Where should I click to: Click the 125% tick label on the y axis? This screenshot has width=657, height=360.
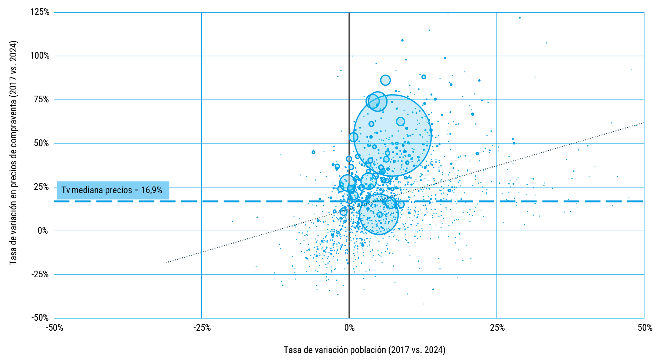pos(40,12)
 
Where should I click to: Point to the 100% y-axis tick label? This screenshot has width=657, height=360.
pos(40,56)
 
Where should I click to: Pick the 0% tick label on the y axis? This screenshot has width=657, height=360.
pos(43,231)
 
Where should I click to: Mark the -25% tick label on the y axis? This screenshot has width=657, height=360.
pos(40,274)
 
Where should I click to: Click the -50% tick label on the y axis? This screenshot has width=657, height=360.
pos(40,318)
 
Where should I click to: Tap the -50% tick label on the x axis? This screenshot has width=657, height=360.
pos(55,328)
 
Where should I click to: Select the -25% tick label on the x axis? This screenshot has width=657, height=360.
pos(202,328)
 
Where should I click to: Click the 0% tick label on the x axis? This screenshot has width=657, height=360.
pos(349,328)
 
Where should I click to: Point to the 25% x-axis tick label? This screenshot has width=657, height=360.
pos(497,328)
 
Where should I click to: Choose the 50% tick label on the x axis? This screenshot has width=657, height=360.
pos(645,328)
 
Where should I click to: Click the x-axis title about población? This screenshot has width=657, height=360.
pos(364,350)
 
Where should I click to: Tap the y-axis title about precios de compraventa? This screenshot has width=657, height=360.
pos(13,153)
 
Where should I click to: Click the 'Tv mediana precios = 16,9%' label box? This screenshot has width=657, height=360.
pos(113,190)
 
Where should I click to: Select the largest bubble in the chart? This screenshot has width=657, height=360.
pos(392,135)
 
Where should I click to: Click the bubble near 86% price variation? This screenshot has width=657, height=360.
pos(385,80)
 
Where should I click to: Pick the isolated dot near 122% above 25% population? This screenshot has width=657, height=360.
pos(519,18)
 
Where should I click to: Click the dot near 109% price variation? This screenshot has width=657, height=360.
pos(402,40)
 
